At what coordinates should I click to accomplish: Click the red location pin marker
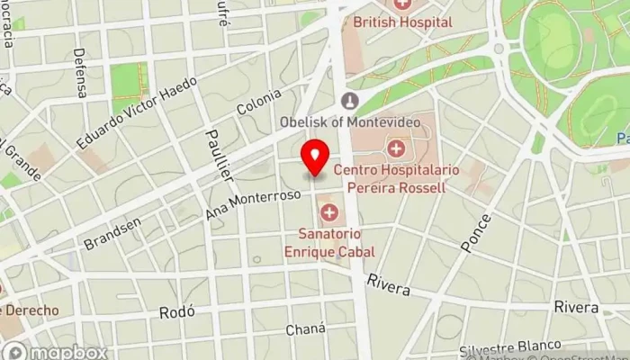pos(315,158)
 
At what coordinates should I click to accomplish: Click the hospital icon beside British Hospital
pos(401,4)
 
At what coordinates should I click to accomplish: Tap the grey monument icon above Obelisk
pos(350,101)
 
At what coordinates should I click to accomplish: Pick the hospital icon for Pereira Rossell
pos(395,148)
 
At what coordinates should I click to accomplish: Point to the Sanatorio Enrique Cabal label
pos(328,244)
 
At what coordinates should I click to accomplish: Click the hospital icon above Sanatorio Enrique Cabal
pos(329,213)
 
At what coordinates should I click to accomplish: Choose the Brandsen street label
pos(112,231)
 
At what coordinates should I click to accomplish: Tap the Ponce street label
pos(475,231)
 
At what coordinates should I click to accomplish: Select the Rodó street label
pos(176,311)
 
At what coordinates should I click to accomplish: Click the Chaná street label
pos(304,329)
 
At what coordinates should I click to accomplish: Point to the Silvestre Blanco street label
pos(509,347)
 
